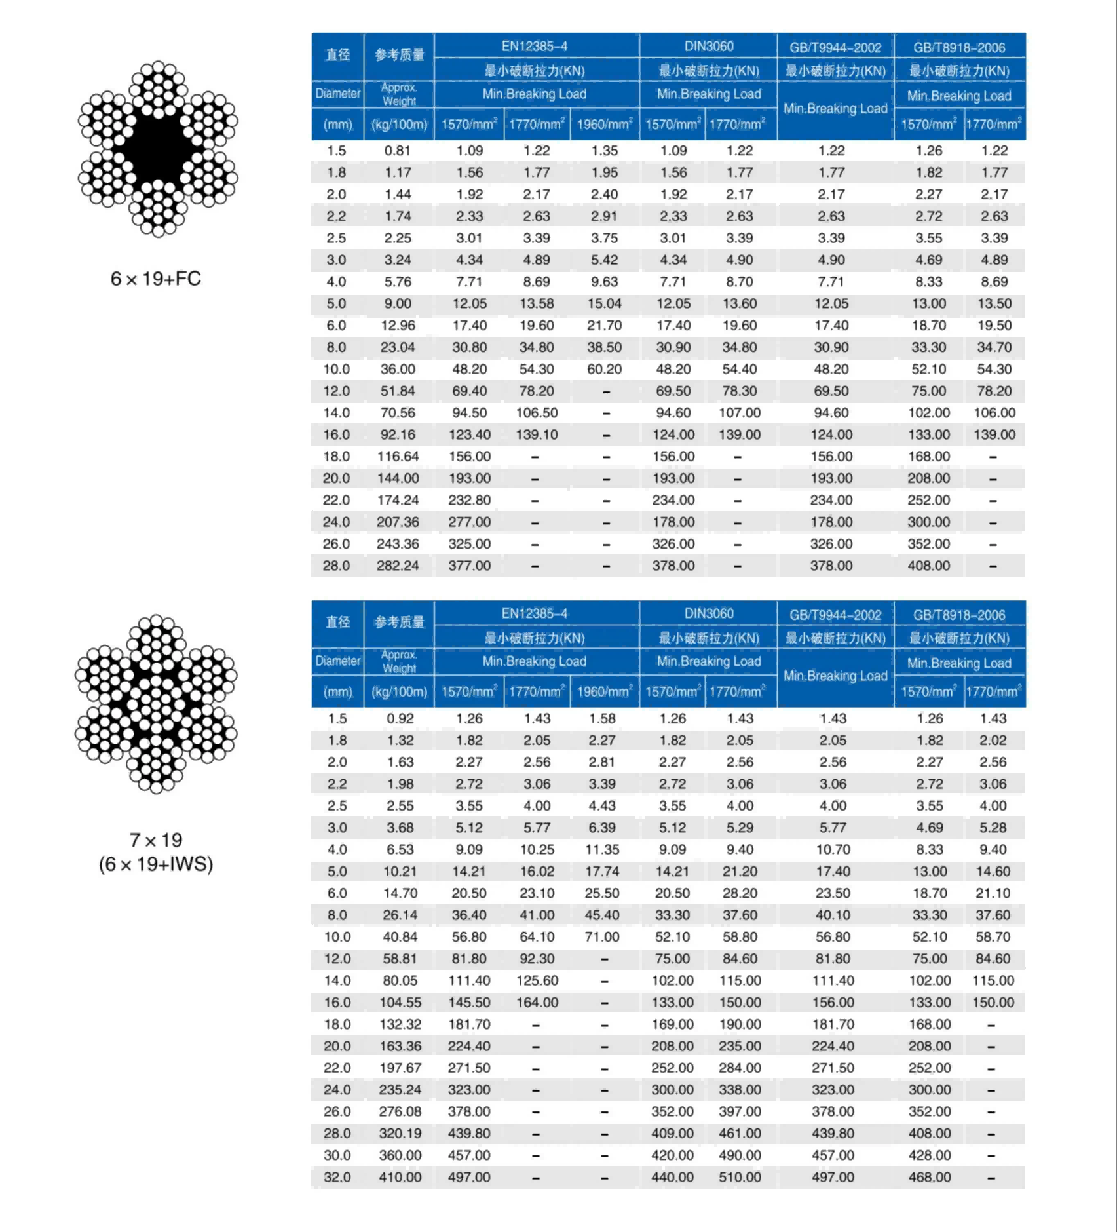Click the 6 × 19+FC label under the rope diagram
(155, 279)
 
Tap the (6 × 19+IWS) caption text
(156, 864)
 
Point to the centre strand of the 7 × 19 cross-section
(156, 703)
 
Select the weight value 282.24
(398, 566)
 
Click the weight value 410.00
(400, 1177)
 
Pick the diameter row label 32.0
(337, 1177)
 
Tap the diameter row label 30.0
(337, 1155)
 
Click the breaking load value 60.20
(604, 369)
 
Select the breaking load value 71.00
(602, 937)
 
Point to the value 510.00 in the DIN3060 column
(740, 1177)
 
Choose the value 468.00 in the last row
(929, 1177)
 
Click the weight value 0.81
(398, 151)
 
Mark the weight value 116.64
(398, 457)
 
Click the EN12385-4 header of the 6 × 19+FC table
(535, 47)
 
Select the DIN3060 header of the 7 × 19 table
(709, 614)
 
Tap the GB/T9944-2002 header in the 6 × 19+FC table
(835, 48)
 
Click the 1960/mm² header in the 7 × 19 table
(604, 692)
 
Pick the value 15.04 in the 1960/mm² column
(604, 303)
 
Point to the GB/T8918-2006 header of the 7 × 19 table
(959, 615)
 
